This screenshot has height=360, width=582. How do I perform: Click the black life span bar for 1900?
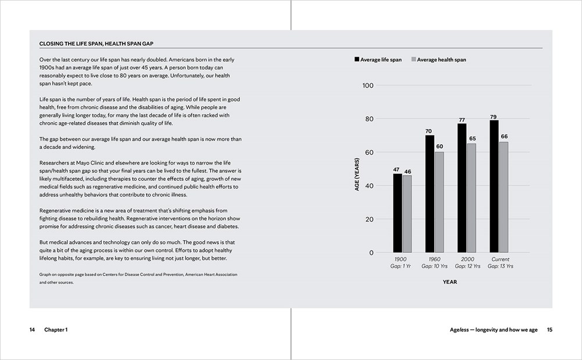coord(398,213)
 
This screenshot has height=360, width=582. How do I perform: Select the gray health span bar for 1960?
coord(439,202)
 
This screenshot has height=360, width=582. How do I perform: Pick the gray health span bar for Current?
coord(504,197)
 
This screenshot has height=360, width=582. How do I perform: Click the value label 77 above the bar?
coord(462,120)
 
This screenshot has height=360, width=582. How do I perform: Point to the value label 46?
coord(407,172)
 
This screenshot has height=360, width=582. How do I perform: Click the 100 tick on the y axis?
coord(368,85)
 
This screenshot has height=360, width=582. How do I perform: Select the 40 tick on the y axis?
coord(370,186)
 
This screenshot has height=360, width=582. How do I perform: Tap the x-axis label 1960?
coord(435,259)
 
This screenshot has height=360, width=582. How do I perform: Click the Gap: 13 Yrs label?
coord(500,266)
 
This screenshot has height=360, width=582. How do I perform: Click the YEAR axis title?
coord(449,282)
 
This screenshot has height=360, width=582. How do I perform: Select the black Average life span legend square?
coord(357,60)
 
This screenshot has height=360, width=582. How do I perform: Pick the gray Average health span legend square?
coord(414,60)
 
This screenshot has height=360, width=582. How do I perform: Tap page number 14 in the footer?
coord(33,330)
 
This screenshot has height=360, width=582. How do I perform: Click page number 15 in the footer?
coord(549,330)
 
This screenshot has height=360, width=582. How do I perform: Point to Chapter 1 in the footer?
coord(56,330)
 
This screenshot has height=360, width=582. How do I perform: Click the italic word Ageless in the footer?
coord(459,330)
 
